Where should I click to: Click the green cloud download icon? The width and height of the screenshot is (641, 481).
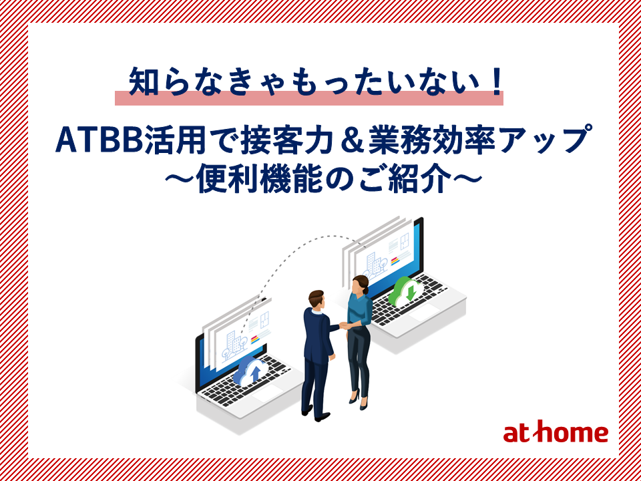tap(405, 291)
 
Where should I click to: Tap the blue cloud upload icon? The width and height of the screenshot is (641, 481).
tap(250, 371)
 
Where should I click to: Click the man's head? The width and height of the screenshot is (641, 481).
tap(316, 300)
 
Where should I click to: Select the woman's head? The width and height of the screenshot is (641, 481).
tap(361, 285)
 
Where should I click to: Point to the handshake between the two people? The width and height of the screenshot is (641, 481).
tap(344, 325)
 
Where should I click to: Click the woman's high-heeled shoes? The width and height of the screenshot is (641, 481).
tap(359, 400)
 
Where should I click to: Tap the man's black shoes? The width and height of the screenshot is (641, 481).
tap(315, 413)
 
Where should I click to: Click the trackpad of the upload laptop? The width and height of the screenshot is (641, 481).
tap(267, 393)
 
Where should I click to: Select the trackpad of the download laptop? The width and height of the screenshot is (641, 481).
tap(423, 313)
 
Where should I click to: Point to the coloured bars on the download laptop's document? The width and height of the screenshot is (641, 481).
tap(395, 261)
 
